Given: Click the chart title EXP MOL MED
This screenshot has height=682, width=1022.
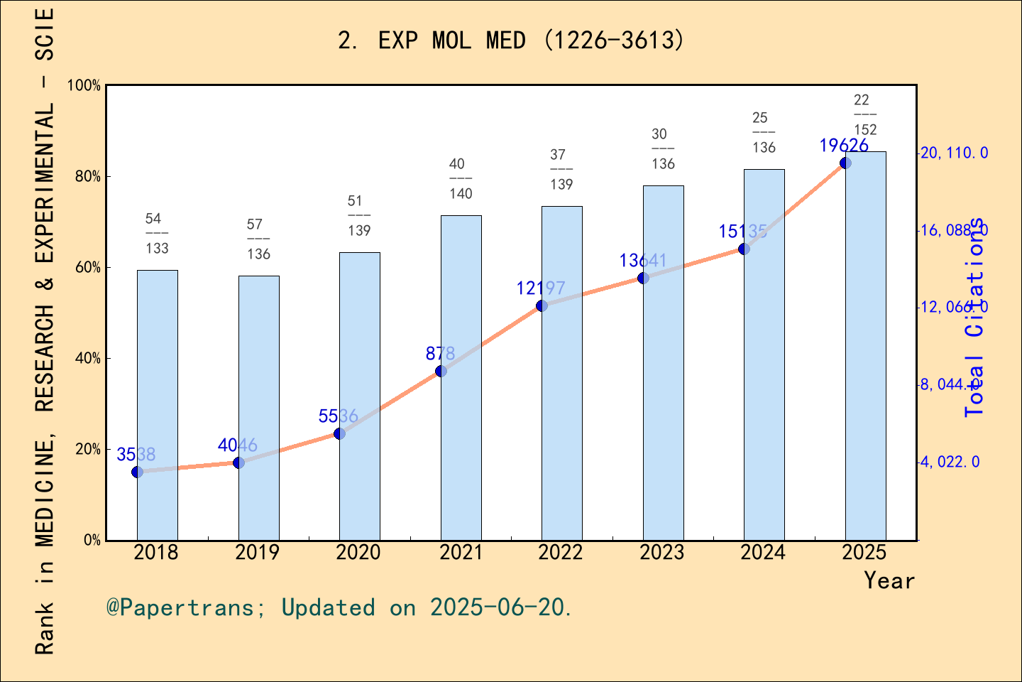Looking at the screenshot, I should pyautogui.click(x=511, y=40).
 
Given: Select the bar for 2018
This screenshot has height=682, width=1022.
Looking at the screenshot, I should pyautogui.click(x=157, y=405).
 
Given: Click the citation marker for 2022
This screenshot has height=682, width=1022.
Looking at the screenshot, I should pyautogui.click(x=542, y=305).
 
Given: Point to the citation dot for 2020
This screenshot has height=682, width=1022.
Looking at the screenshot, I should pyautogui.click(x=339, y=433).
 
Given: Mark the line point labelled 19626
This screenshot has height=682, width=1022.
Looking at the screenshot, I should pyautogui.click(x=845, y=163).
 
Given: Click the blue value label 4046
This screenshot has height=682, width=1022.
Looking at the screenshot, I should pyautogui.click(x=238, y=445).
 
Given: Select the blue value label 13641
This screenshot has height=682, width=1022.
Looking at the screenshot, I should pyautogui.click(x=643, y=261).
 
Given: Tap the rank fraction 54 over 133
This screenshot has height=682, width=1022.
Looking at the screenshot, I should pyautogui.click(x=157, y=233).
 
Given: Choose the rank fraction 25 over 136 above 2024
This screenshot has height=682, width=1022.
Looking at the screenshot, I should pyautogui.click(x=764, y=132).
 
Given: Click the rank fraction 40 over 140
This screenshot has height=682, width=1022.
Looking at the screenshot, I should pyautogui.click(x=461, y=178).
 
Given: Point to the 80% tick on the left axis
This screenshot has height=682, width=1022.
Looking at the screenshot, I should pyautogui.click(x=87, y=176).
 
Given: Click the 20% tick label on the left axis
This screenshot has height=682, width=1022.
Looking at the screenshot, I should pyautogui.click(x=87, y=449).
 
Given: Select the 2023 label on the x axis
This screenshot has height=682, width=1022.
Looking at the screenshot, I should pyautogui.click(x=662, y=553).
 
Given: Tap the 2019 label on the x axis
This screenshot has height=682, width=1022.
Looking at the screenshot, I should pyautogui.click(x=258, y=553).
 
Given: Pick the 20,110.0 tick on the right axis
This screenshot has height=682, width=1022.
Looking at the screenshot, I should pyautogui.click(x=953, y=153).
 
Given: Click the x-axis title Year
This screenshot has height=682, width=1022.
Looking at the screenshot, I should pyautogui.click(x=889, y=580).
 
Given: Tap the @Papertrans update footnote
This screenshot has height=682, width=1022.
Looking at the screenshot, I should pyautogui.click(x=339, y=608).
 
